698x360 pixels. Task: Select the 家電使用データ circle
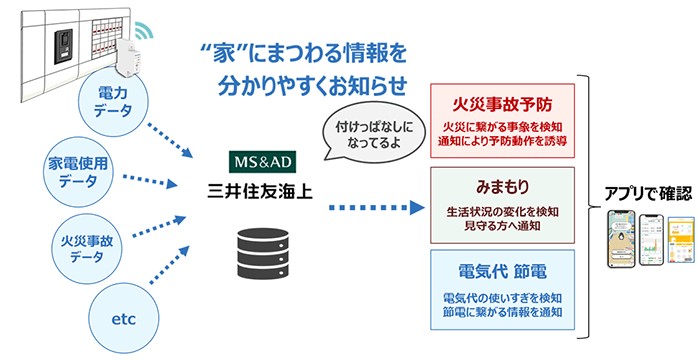(x=79, y=171)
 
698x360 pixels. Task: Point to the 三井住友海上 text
(x=259, y=186)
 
